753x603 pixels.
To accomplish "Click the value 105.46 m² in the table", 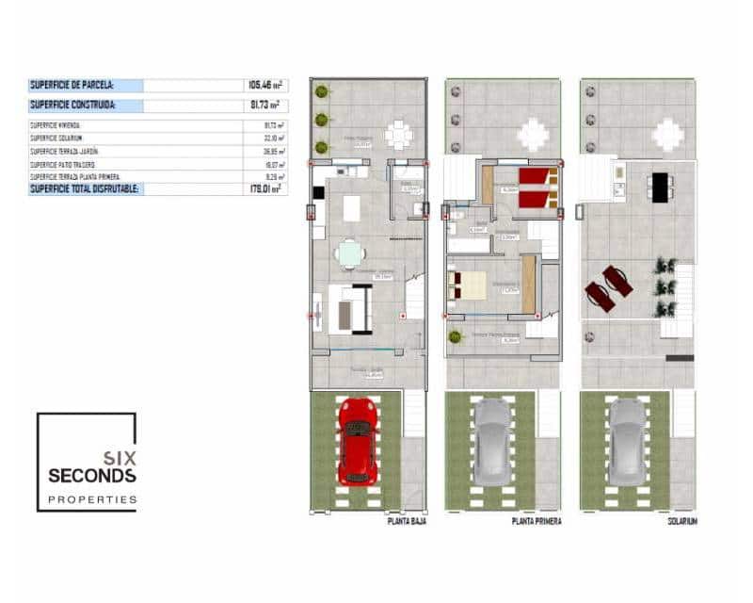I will [264, 86].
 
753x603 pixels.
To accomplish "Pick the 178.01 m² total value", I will [264, 188].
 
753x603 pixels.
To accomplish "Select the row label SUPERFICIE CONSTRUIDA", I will [72, 106].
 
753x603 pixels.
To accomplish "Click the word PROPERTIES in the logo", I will [92, 499].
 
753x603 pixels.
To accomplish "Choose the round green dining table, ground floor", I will [350, 253].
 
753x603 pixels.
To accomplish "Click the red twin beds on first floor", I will [537, 186].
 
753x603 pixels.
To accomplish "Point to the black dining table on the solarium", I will [660, 186].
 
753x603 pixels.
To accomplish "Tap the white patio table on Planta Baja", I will [398, 135].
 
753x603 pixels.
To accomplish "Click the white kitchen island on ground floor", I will [351, 207].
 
